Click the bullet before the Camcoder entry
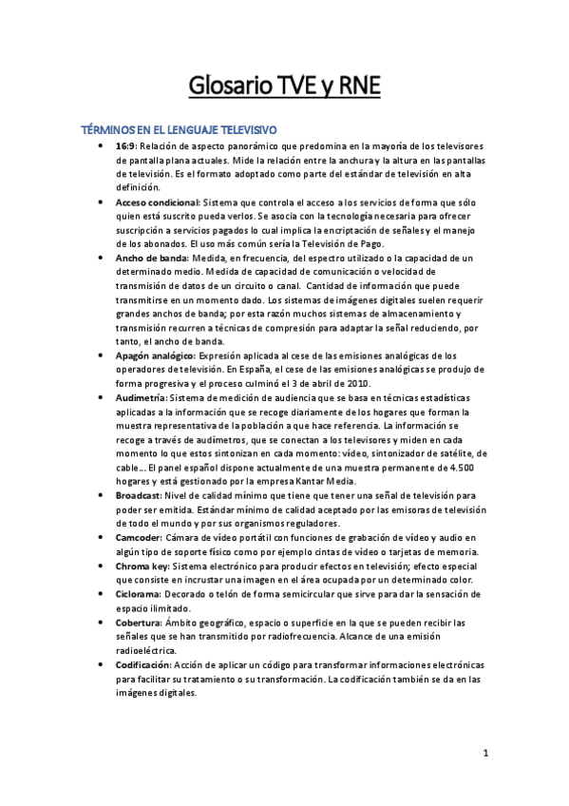coord(102,537)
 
